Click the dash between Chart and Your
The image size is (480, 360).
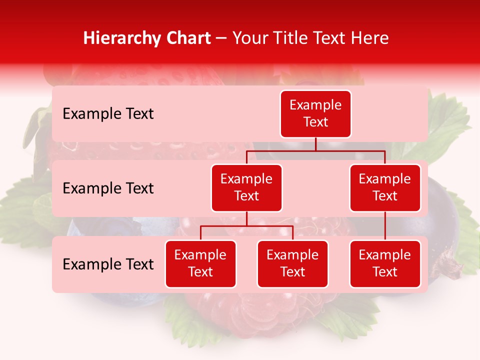(221, 38)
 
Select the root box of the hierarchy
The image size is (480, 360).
(315, 114)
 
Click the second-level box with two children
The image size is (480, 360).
(246, 188)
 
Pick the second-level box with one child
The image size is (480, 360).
(385, 188)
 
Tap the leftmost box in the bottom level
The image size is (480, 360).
(200, 264)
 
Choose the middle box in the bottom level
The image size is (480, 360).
(292, 264)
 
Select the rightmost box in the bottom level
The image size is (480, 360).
(385, 264)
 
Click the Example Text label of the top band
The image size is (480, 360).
(108, 114)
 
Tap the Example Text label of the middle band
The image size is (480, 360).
(108, 188)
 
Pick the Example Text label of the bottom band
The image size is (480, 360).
(108, 264)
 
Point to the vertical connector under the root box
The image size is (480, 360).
(315, 144)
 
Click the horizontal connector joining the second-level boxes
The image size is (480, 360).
(315, 150)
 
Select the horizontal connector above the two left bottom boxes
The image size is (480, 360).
(246, 226)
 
